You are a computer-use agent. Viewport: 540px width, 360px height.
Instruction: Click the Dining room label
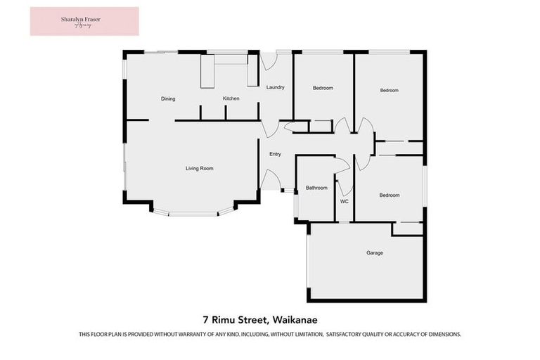pyautogui.click(x=167, y=99)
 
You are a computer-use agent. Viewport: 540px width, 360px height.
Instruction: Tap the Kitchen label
pyautogui.click(x=231, y=99)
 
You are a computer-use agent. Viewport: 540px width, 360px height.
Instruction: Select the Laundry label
pyautogui.click(x=275, y=88)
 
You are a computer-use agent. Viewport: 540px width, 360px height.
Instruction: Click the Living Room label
pyautogui.click(x=199, y=169)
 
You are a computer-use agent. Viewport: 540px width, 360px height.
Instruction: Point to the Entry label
pyautogui.click(x=275, y=154)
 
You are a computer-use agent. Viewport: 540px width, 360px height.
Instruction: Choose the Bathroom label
pyautogui.click(x=316, y=188)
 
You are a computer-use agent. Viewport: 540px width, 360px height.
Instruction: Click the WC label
pyautogui.click(x=345, y=202)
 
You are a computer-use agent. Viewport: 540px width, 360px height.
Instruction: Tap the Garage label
pyautogui.click(x=375, y=252)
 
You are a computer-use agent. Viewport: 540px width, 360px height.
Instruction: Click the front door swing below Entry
pyautogui.click(x=269, y=180)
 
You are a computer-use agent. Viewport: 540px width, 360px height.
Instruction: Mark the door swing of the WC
pyautogui.click(x=345, y=187)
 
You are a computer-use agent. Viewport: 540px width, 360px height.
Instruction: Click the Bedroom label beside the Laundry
pyautogui.click(x=323, y=88)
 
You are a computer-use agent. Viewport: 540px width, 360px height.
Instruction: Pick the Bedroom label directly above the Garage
pyautogui.click(x=390, y=195)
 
